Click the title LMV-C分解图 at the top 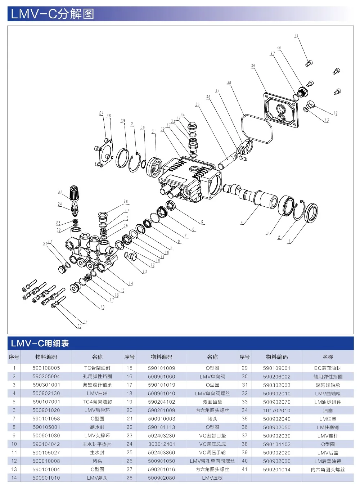click(x=53, y=14)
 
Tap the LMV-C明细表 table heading click(x=40, y=343)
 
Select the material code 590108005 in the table click(x=46, y=368)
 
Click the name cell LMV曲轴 click(x=97, y=393)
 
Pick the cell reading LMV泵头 click(x=97, y=478)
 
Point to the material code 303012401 click(x=161, y=444)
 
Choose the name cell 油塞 click(x=328, y=410)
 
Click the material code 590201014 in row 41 click(x=276, y=470)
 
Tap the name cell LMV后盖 click(x=328, y=453)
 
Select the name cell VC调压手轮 click(x=212, y=452)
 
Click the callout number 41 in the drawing click(x=296, y=36)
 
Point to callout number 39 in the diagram click(x=253, y=66)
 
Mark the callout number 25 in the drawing click(x=60, y=192)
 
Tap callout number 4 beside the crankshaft click(x=242, y=222)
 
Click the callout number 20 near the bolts click(x=79, y=326)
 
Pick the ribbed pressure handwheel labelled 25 click(x=74, y=194)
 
